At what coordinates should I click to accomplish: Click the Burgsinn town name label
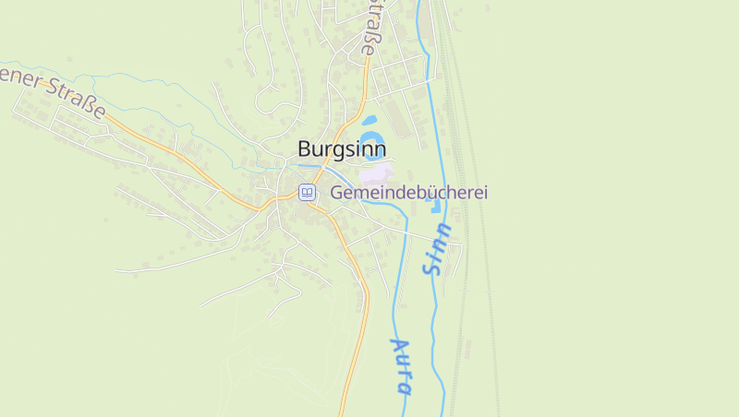coord(342,149)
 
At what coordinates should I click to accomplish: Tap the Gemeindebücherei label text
coord(408,193)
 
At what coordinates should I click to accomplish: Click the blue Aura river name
coord(401,365)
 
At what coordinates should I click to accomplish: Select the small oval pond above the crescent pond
coord(370,121)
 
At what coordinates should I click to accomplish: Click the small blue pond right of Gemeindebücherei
coord(436,205)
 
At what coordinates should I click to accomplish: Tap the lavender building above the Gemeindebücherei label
coord(375,173)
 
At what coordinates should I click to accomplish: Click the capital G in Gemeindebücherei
coord(337,193)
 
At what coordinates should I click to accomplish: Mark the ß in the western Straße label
coord(91,104)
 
